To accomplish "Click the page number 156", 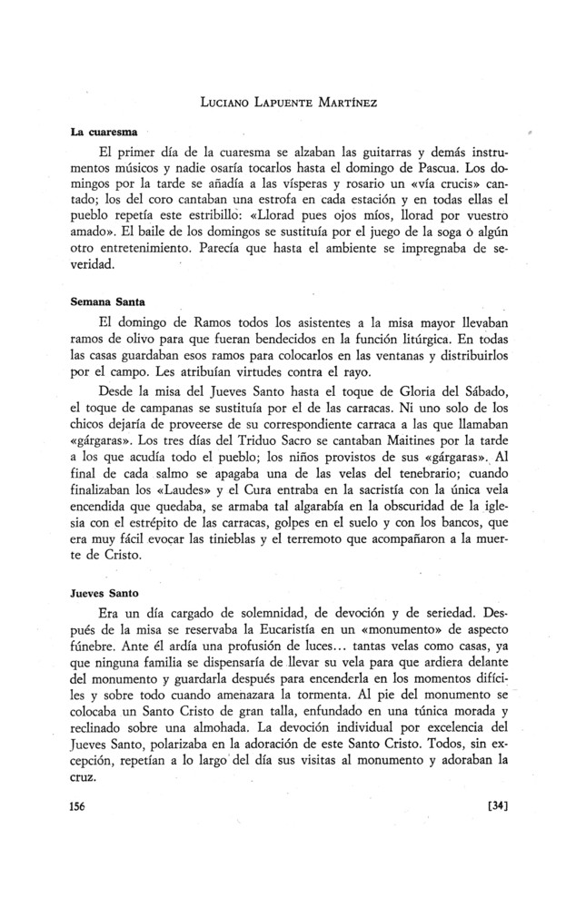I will tap(83, 805).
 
